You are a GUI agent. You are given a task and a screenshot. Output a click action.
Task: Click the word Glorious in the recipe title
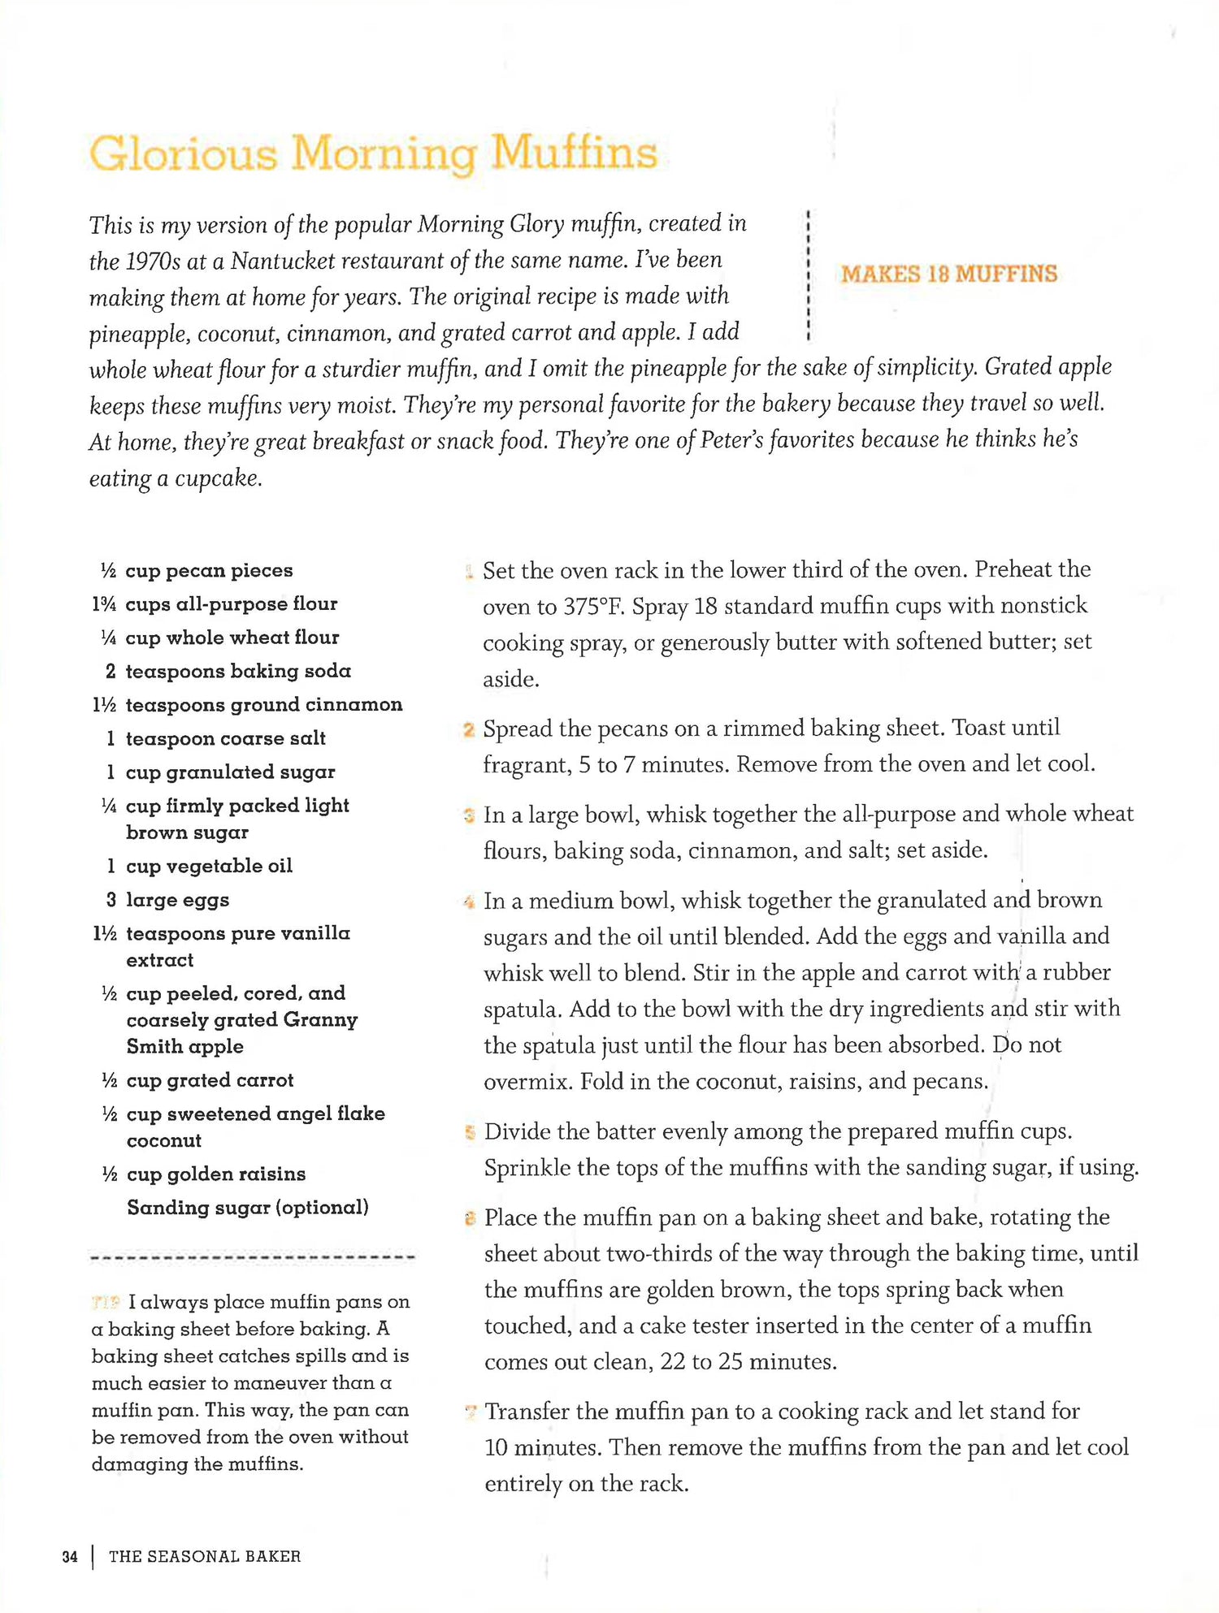[x=183, y=153]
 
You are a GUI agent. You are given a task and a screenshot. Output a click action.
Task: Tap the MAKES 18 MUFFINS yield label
[x=948, y=274]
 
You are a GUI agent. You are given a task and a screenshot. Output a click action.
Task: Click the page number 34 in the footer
[x=70, y=1556]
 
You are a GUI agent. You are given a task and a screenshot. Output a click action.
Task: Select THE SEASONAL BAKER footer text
[x=205, y=1556]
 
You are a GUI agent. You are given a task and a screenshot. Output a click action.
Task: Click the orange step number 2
[x=469, y=729]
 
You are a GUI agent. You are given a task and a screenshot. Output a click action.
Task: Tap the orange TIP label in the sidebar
[x=106, y=1303]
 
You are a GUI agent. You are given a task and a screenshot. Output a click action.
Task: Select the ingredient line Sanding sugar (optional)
[x=247, y=1208]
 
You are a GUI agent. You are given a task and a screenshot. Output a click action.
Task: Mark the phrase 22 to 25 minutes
[x=748, y=1361]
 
